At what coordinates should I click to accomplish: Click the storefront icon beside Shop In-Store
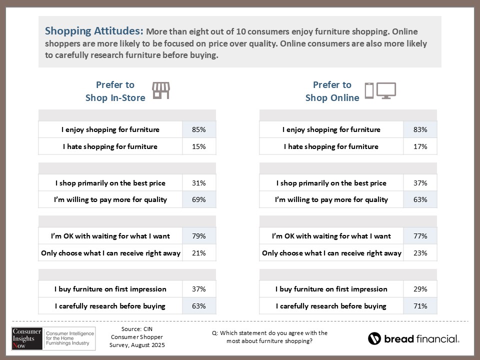(161, 90)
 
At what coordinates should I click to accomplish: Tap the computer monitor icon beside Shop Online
(386, 90)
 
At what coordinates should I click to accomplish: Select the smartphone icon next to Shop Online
(369, 91)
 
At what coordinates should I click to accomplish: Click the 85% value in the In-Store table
(199, 129)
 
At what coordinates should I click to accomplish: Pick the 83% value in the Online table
(420, 129)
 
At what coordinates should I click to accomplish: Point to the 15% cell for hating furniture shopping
(199, 146)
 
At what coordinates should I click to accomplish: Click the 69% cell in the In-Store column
(199, 199)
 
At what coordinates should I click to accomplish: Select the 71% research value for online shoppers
(420, 306)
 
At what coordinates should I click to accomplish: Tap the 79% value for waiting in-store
(199, 236)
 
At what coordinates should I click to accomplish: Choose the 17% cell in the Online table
(420, 146)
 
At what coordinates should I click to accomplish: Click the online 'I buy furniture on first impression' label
(331, 289)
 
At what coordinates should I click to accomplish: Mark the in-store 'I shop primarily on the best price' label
(110, 183)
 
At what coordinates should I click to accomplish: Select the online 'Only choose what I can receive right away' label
(331, 253)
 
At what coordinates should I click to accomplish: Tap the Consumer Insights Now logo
(27, 338)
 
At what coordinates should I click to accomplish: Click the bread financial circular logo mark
(374, 338)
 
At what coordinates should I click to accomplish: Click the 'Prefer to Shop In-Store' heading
(115, 91)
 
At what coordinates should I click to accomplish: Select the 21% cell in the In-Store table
(199, 253)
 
